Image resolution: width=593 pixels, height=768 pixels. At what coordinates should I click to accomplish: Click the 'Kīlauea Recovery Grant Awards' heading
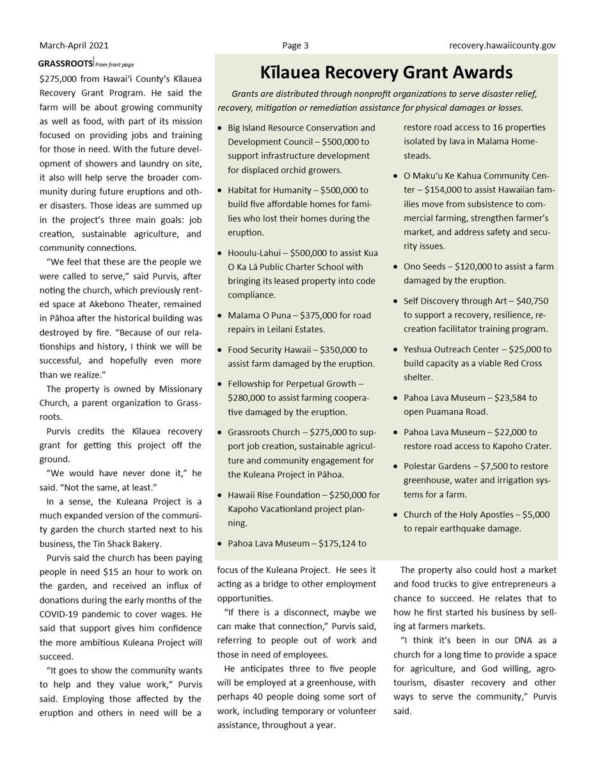(x=386, y=72)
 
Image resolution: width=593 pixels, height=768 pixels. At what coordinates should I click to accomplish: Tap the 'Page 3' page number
(x=296, y=45)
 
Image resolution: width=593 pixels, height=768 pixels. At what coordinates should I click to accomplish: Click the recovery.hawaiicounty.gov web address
(x=502, y=45)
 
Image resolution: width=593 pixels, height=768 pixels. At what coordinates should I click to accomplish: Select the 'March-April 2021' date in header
(x=74, y=45)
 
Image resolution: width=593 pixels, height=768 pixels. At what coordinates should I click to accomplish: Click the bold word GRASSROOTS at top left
(x=65, y=63)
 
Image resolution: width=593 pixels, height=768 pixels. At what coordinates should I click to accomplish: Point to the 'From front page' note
(x=115, y=64)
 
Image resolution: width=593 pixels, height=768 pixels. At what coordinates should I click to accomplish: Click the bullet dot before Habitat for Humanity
(x=220, y=191)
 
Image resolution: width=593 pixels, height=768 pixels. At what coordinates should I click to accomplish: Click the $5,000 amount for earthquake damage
(x=535, y=515)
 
